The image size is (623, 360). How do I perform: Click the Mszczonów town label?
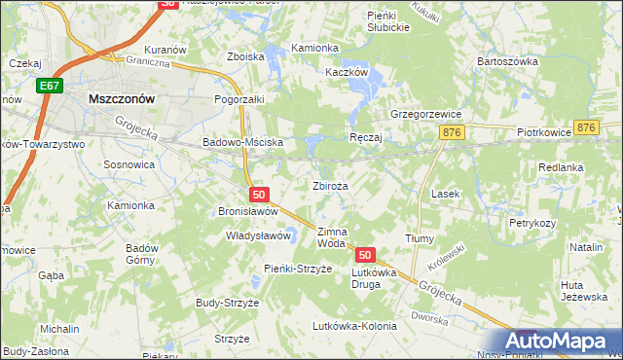[x=123, y=98]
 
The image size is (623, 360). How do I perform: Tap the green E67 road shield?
[x=50, y=88]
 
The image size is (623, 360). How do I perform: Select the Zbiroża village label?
[x=331, y=185]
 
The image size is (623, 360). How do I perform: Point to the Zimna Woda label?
[x=332, y=237]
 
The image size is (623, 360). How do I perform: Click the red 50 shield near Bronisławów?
[x=256, y=196]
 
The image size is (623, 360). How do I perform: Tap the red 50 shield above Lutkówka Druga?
[x=364, y=255]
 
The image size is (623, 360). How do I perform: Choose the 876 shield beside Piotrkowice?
[x=585, y=128]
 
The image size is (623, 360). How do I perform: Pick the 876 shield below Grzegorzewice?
[x=450, y=132]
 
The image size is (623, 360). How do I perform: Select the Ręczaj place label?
[x=365, y=138]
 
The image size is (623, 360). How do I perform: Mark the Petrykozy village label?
[x=531, y=223]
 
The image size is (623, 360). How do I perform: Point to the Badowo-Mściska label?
[x=241, y=142]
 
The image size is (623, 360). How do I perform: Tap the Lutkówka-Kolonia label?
[x=356, y=326]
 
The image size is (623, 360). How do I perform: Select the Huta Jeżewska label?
[x=584, y=290]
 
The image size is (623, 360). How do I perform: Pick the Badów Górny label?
[x=142, y=254]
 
